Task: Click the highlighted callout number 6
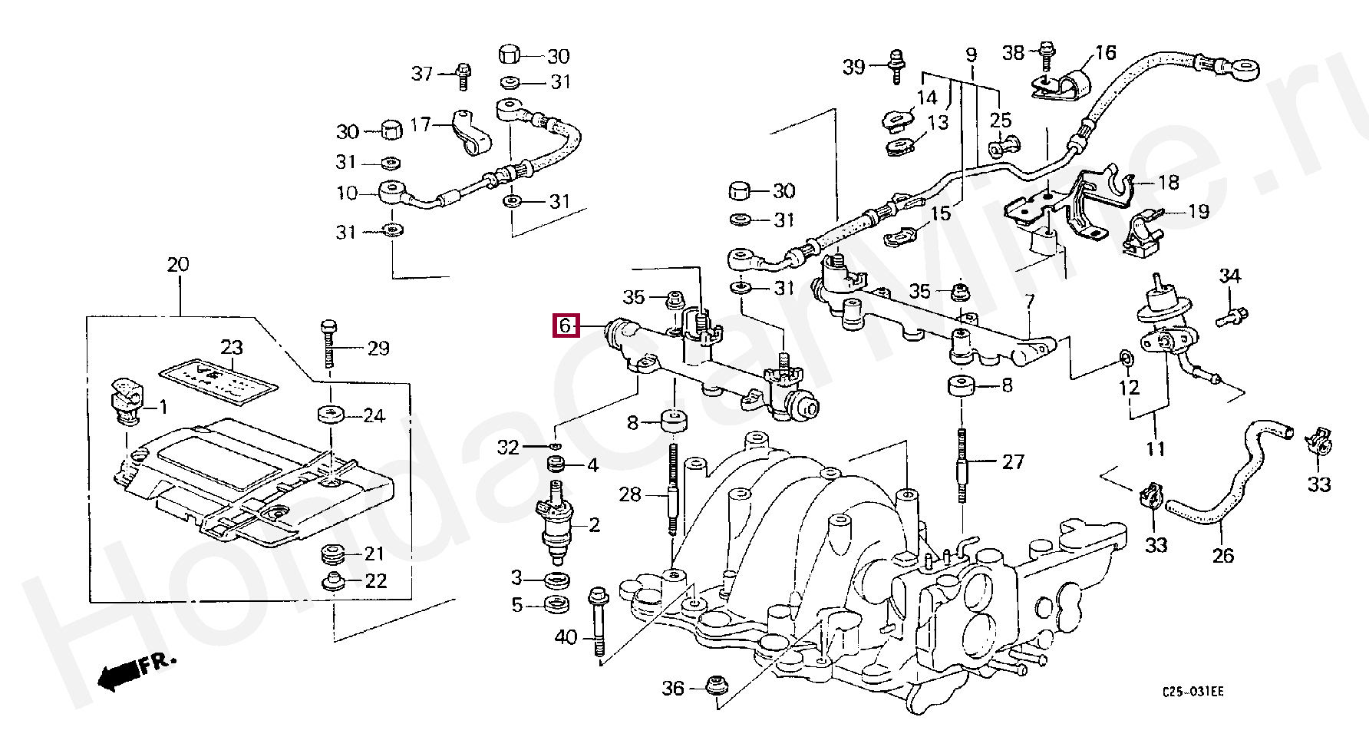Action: (x=565, y=326)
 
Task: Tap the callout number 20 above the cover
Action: (x=177, y=265)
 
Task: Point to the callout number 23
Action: (x=232, y=347)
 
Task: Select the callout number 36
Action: (x=672, y=689)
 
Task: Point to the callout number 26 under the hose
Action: (x=1223, y=554)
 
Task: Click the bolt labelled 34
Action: (x=1232, y=313)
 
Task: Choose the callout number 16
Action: (x=1105, y=53)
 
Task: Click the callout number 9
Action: (x=971, y=55)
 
